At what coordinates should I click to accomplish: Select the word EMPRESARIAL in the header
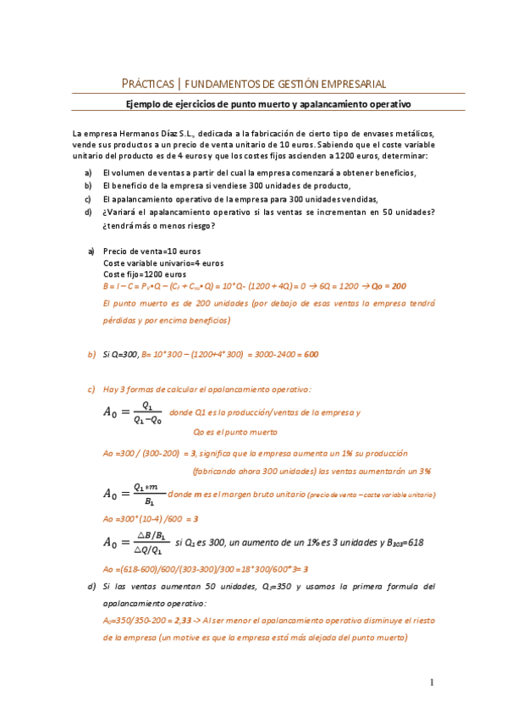(x=354, y=84)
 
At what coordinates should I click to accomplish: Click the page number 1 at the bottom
(x=432, y=682)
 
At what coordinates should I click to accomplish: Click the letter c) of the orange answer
(x=91, y=389)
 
